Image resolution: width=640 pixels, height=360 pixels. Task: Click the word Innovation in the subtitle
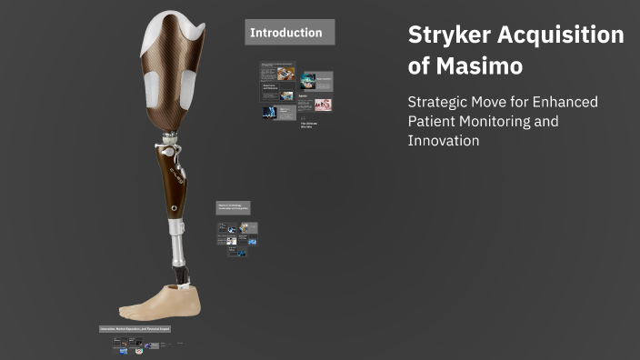pyautogui.click(x=444, y=141)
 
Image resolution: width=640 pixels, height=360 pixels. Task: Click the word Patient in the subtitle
pyautogui.click(x=432, y=121)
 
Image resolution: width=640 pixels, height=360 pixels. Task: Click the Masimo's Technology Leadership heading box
pyautogui.click(x=233, y=207)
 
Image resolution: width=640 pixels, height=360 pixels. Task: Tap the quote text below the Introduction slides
pyautogui.click(x=309, y=125)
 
